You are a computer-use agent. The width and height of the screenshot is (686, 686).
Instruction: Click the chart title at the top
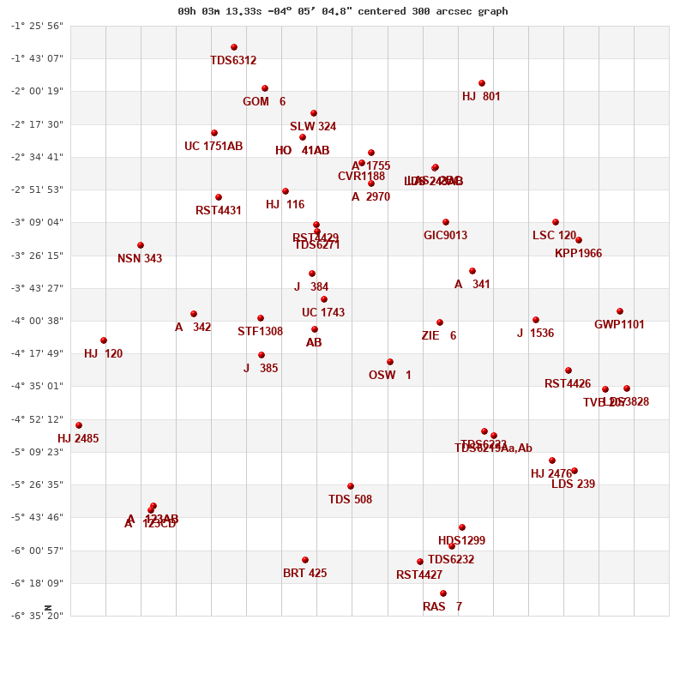click(x=343, y=11)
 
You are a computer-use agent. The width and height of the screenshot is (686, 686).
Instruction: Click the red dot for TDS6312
click(x=234, y=47)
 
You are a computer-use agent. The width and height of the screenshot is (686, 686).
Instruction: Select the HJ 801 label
click(x=481, y=97)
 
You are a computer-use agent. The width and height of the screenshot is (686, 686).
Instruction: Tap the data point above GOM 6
click(x=265, y=88)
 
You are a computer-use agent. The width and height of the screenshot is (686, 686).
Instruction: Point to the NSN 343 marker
click(x=141, y=245)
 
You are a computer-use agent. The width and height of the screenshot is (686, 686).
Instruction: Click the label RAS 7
click(x=442, y=607)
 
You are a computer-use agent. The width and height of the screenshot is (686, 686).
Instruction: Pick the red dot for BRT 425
click(x=305, y=560)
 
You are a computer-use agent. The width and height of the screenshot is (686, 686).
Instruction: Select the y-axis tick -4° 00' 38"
click(x=37, y=321)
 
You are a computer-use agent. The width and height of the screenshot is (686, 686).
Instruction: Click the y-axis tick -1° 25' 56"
click(x=37, y=26)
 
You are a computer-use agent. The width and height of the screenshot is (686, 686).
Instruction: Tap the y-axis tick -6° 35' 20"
click(x=37, y=616)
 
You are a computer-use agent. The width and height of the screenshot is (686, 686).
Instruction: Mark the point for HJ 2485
click(x=79, y=425)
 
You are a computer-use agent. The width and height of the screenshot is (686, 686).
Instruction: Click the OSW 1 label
click(x=390, y=376)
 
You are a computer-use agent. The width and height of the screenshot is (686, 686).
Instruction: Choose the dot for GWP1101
click(x=620, y=311)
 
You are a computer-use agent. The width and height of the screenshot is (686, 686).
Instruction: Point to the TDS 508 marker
click(x=351, y=486)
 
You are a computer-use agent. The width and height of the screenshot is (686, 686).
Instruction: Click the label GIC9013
click(x=446, y=236)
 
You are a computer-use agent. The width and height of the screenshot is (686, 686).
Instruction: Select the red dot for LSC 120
click(x=556, y=222)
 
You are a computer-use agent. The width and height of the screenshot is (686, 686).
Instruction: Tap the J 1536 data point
click(x=536, y=320)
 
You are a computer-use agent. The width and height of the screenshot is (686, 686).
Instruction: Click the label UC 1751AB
click(x=214, y=147)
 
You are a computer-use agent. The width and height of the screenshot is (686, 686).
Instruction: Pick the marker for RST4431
click(x=219, y=197)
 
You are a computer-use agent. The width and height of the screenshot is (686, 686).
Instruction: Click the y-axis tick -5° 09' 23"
click(x=37, y=452)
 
